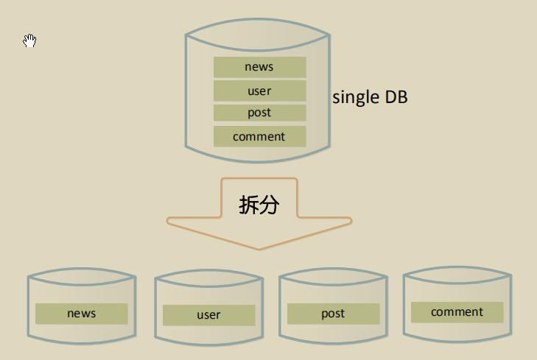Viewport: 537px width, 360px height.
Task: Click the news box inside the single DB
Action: pos(259,67)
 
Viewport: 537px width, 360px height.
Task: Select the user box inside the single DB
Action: pos(259,91)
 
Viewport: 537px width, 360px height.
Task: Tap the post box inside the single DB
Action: pos(259,113)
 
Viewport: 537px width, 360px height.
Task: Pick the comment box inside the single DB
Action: pos(259,136)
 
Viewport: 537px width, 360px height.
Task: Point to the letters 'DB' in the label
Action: pos(396,97)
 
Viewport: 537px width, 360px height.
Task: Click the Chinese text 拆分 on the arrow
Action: pos(259,205)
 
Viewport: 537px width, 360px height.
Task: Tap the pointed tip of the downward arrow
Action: pos(259,248)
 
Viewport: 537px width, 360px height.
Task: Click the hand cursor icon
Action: pos(29,40)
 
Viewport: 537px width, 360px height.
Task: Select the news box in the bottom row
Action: pos(82,314)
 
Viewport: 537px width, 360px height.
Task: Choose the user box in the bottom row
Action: pos(208,315)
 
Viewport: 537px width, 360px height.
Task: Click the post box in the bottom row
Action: pos(333,314)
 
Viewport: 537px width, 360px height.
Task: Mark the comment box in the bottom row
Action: pos(457,312)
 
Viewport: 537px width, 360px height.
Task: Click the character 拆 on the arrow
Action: pos(248,205)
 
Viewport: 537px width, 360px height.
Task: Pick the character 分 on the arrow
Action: pos(269,205)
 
